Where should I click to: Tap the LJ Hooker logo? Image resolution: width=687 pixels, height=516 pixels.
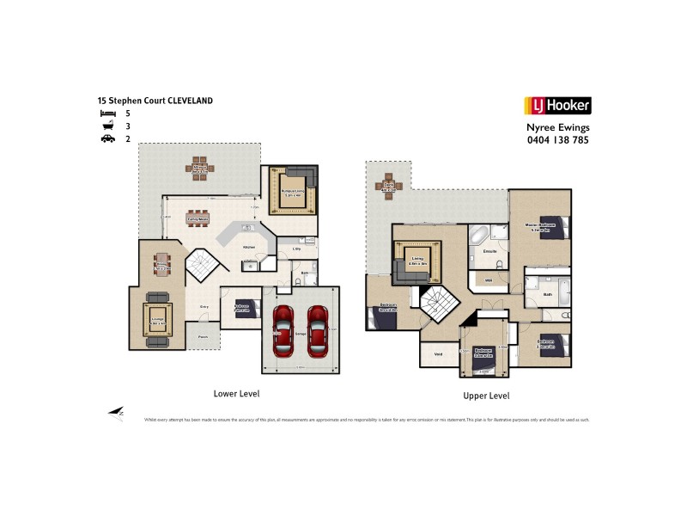point(557,107)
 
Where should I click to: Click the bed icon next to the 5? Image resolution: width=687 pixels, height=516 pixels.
point(107,114)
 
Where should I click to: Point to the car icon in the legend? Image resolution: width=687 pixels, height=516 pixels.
point(107,138)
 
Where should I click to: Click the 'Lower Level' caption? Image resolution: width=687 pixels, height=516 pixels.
point(236,393)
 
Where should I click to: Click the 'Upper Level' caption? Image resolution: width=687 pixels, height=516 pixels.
point(487,396)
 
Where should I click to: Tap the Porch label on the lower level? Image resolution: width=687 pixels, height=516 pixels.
point(204,336)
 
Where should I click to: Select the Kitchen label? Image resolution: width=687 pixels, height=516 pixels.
point(248,247)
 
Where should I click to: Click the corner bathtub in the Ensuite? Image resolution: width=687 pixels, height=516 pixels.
point(478,234)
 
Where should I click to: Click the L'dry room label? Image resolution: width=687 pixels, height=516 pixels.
point(295,249)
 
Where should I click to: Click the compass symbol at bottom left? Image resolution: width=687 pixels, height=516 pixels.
point(115,414)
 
